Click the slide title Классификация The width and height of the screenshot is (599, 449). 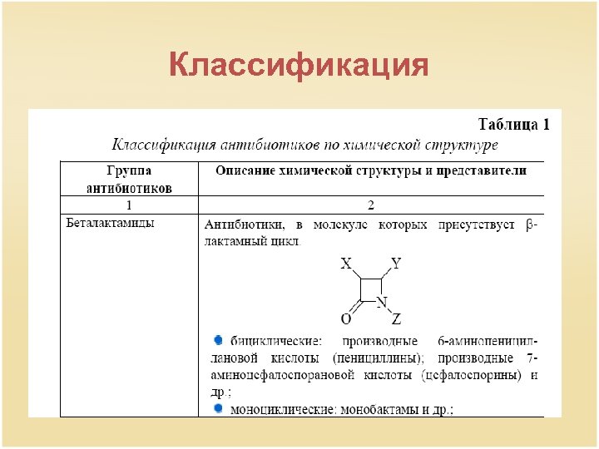click(299, 65)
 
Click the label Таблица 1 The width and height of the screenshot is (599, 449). click(513, 125)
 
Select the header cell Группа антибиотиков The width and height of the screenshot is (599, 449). click(129, 179)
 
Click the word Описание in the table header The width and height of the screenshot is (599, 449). click(246, 170)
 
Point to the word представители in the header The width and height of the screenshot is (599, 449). click(485, 170)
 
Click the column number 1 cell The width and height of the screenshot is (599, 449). click(129, 205)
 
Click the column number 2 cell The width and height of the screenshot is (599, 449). click(371, 205)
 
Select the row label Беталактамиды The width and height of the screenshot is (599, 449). click(110, 223)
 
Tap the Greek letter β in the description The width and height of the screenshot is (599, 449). click(532, 224)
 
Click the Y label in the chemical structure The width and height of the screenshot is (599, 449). click(396, 264)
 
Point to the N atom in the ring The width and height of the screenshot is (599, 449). click(382, 301)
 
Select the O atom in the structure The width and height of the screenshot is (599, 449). click(345, 318)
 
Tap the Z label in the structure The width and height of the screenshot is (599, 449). click(396, 318)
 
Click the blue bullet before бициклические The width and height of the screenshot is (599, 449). click(218, 339)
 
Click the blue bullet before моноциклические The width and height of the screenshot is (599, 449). click(218, 408)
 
